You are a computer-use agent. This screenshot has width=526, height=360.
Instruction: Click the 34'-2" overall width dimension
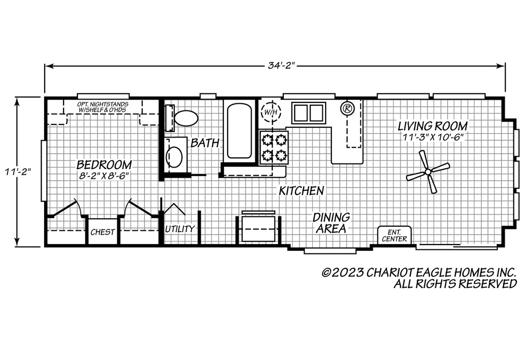[x=281, y=66]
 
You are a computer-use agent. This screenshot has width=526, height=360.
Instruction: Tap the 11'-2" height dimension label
[x=18, y=172]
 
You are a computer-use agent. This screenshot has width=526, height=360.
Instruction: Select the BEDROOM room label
[x=104, y=165]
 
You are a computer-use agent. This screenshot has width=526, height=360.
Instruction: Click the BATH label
[x=205, y=143]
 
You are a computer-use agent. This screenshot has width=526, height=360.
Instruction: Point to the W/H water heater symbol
[x=271, y=112]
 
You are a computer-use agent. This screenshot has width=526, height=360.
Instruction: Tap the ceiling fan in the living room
[x=428, y=172]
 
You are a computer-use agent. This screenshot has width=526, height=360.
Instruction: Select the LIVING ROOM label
[x=433, y=126]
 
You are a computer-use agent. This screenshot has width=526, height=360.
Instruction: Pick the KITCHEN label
[x=302, y=191]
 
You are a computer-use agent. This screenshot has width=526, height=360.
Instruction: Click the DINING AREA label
[x=331, y=223]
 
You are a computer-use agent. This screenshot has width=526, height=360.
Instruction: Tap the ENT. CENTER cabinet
[x=394, y=236]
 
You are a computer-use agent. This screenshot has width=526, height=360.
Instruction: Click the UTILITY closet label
[x=180, y=229]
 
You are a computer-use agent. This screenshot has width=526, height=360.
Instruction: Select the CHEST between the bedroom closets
[x=103, y=232]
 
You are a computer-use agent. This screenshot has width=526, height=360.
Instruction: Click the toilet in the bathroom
[x=186, y=118]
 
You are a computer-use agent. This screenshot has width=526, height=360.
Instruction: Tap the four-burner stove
[x=274, y=147]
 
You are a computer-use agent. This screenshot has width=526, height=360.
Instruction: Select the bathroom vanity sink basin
[x=174, y=156]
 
